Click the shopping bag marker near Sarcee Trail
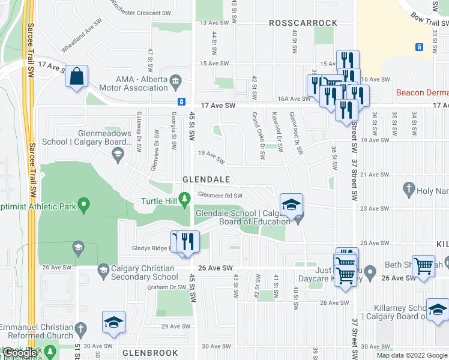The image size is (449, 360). (76, 77)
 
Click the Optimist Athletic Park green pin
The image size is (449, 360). (84, 206)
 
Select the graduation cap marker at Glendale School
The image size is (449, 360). (292, 206)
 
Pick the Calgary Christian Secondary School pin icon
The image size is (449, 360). (103, 271)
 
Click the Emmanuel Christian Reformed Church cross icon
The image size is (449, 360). (81, 329)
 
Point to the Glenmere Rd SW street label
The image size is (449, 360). (220, 196)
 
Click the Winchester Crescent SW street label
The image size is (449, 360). (140, 13)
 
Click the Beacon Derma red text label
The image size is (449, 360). (423, 93)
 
